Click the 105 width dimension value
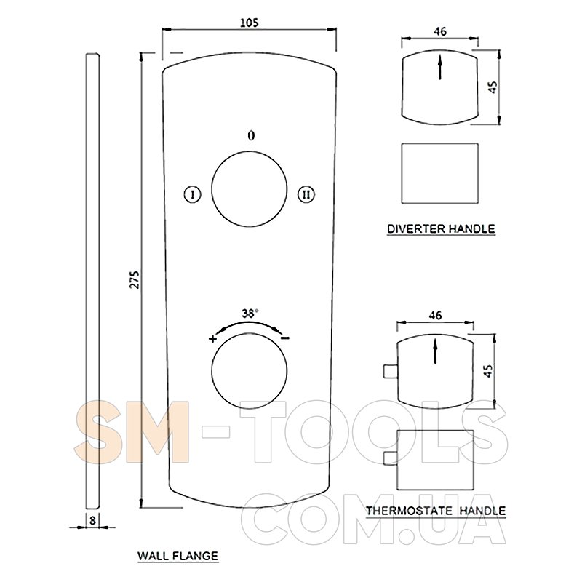point(249,23)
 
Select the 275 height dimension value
point(135,279)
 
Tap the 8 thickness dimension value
point(92,520)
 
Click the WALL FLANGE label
point(178,556)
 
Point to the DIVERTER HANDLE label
point(441,228)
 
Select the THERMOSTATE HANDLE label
point(436,511)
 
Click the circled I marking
point(193,194)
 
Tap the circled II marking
point(306,194)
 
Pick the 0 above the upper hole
point(251,135)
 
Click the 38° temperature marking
point(250,314)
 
